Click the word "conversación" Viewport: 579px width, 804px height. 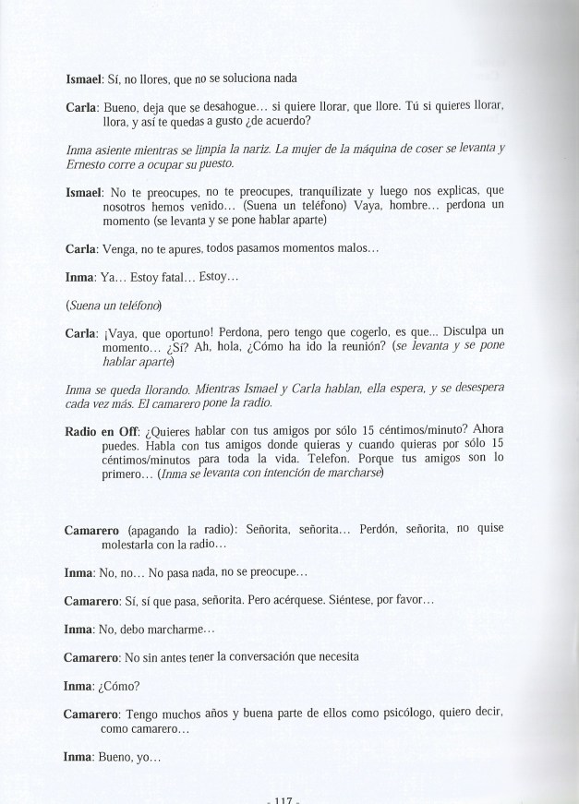pos(273,657)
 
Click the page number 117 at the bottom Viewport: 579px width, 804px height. pos(284,798)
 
